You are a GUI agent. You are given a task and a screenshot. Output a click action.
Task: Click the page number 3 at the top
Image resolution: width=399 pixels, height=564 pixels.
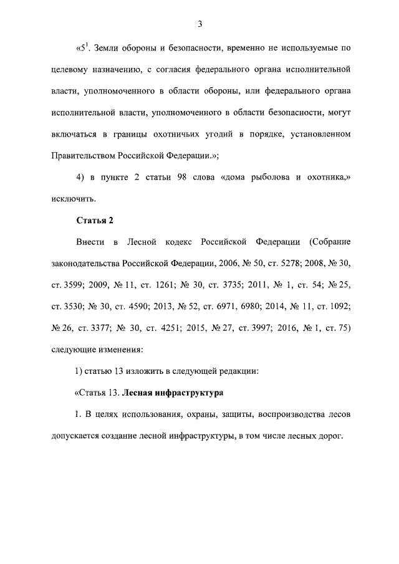[x=199, y=24]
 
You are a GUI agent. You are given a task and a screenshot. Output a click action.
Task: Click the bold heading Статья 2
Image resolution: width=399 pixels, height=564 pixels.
[x=94, y=220]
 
